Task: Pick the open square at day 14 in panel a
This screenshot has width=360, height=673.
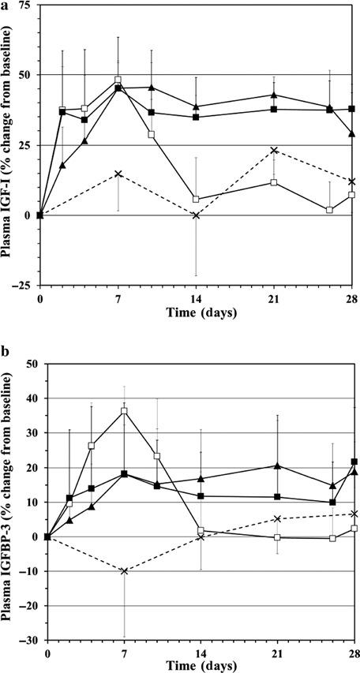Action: coord(196,200)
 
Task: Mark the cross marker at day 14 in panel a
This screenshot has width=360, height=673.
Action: coord(196,215)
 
